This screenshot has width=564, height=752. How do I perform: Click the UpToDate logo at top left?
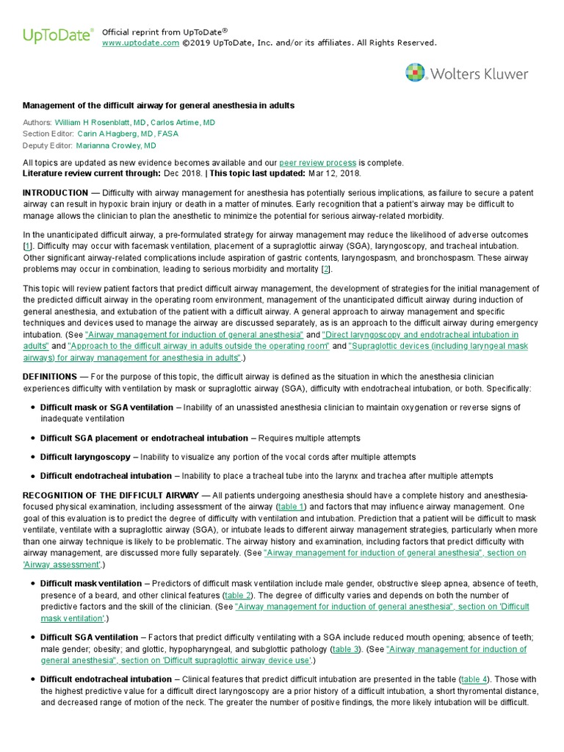point(59,35)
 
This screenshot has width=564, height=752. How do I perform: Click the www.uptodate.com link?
point(140,43)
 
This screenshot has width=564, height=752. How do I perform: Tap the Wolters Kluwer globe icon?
point(416,73)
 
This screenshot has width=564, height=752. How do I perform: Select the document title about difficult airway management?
point(159,106)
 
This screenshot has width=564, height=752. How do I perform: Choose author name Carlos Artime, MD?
point(184,122)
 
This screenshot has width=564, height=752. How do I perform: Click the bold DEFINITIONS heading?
point(50,377)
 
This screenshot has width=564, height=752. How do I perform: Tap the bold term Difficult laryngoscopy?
point(85,457)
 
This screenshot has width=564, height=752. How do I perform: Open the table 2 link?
point(238,595)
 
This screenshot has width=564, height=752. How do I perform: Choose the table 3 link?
point(346,650)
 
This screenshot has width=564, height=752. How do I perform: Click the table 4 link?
point(474,680)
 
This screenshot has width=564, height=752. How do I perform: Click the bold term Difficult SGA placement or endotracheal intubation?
point(144,438)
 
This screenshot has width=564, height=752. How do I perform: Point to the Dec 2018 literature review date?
point(182,173)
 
